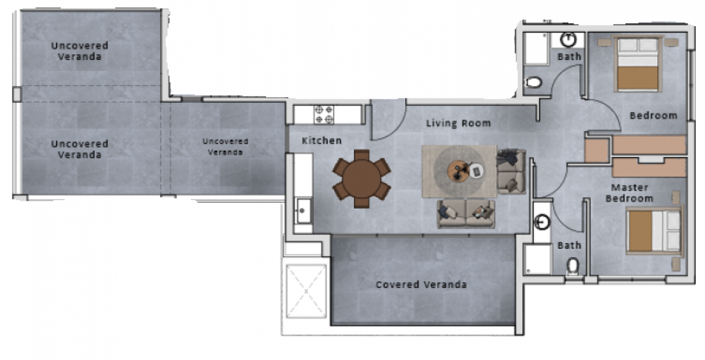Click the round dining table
(x=362, y=179)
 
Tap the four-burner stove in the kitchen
(x=324, y=115)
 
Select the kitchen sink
(x=302, y=211)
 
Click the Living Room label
(x=458, y=123)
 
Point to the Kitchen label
(x=321, y=141)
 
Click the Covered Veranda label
(x=421, y=285)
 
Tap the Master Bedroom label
(x=630, y=193)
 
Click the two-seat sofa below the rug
(x=466, y=213)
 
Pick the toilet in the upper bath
(x=534, y=82)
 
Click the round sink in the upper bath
(x=568, y=39)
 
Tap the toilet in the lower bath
(x=572, y=266)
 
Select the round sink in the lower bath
(x=542, y=222)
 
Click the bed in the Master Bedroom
(x=654, y=230)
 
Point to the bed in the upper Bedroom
(x=637, y=64)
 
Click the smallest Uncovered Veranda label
(x=225, y=147)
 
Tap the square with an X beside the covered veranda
(x=306, y=291)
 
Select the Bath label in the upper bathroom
(x=569, y=56)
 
